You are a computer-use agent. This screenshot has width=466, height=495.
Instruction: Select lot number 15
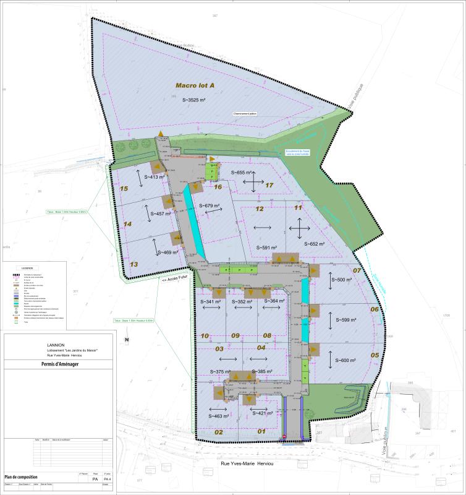coord(124,188)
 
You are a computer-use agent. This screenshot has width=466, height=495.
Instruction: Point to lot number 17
coord(269,185)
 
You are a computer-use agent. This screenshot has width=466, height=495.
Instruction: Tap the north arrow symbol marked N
coord(126,340)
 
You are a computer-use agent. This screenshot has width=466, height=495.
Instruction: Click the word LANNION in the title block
coord(56,344)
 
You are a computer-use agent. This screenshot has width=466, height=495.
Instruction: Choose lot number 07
coord(357,270)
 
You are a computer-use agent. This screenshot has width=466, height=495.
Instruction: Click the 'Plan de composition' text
coord(21,477)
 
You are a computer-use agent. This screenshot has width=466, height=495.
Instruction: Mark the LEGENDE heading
coord(28,268)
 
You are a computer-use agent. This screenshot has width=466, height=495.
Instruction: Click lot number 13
coord(133,264)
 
